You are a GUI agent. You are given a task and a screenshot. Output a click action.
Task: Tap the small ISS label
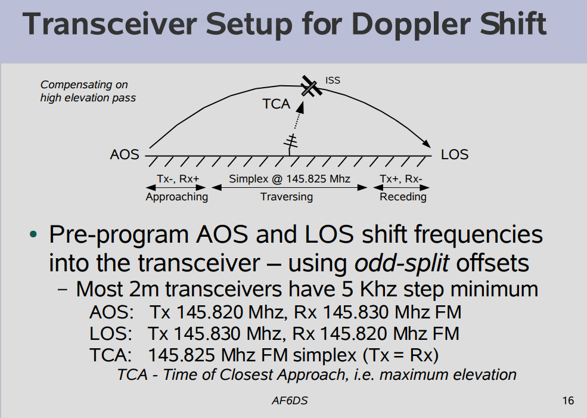[333, 80]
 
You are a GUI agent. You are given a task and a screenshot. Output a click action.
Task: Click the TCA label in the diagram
[277, 104]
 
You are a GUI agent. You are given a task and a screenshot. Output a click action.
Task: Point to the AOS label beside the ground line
[125, 154]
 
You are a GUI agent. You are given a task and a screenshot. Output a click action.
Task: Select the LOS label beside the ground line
[455, 154]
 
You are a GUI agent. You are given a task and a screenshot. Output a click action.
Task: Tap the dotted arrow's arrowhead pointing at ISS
[300, 107]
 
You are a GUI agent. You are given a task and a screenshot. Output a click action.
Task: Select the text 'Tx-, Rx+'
[178, 179]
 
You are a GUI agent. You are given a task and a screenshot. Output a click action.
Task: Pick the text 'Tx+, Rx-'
[401, 179]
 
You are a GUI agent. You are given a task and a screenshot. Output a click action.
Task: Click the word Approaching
[177, 197]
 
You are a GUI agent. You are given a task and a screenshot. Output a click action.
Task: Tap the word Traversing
[287, 197]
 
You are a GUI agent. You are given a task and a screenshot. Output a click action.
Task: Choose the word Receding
[403, 197]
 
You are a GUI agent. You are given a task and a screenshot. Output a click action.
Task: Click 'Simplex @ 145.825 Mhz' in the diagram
[290, 179]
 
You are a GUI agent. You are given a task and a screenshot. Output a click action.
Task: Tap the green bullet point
[33, 234]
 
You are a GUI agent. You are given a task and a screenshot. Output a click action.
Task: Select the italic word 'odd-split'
[401, 263]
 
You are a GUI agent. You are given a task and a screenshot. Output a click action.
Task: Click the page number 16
[568, 401]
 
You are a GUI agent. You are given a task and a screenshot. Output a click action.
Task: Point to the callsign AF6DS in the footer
[290, 401]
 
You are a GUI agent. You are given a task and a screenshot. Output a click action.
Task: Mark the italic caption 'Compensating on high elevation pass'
[88, 91]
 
